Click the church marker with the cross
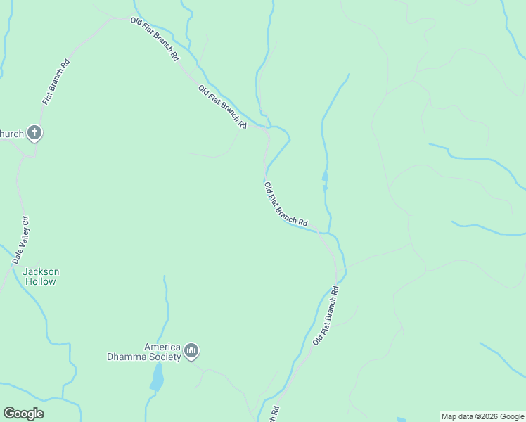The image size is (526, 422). coord(34,132)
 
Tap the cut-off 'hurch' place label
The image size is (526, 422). coord(12,134)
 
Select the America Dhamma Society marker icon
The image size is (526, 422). coord(191,350)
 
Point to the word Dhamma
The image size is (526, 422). coord(124,357)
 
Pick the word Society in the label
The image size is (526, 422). coord(166,357)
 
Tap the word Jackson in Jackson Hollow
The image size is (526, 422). coord(41,271)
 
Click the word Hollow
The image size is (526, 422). coord(41,281)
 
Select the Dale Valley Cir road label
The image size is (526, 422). coord(20,240)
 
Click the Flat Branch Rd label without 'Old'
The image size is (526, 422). coord(56,82)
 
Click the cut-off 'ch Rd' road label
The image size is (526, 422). coord(274,414)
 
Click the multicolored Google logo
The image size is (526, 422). coord(23,414)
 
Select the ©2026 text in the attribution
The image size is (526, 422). coord(485,416)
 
